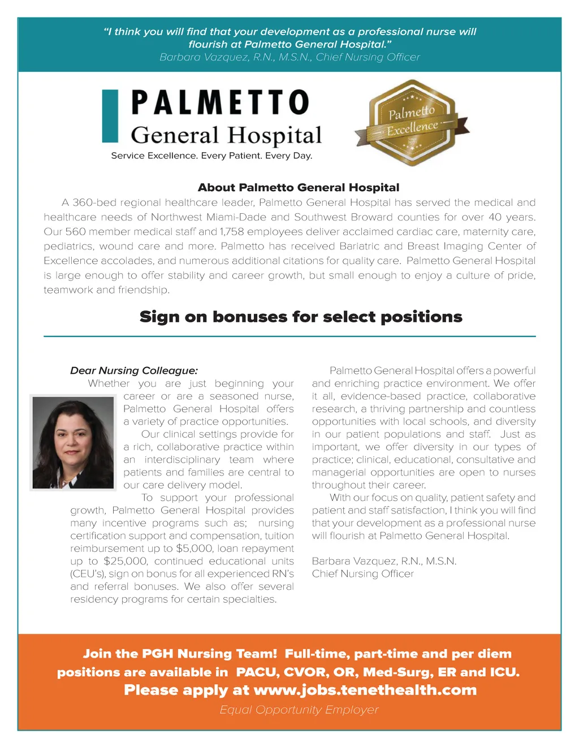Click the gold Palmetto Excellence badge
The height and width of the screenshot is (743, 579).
click(412, 123)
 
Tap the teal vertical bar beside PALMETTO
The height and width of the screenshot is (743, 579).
click(110, 115)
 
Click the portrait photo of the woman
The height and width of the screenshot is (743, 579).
click(73, 442)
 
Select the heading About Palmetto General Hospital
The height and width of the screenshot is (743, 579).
click(299, 188)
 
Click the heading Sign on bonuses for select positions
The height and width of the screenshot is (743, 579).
click(301, 317)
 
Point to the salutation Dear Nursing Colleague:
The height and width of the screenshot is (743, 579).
click(134, 371)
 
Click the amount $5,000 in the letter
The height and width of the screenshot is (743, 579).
click(192, 548)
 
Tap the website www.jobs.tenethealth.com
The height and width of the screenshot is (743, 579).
click(365, 690)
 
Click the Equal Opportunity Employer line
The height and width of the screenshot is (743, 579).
click(299, 710)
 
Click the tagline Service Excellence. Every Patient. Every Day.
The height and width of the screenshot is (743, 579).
click(211, 156)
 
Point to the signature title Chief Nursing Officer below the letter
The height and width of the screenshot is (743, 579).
click(362, 574)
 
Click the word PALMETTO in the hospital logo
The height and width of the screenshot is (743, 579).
click(220, 103)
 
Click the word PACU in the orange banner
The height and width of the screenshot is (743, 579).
click(257, 672)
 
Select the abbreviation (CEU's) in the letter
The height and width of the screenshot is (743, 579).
click(88, 574)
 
